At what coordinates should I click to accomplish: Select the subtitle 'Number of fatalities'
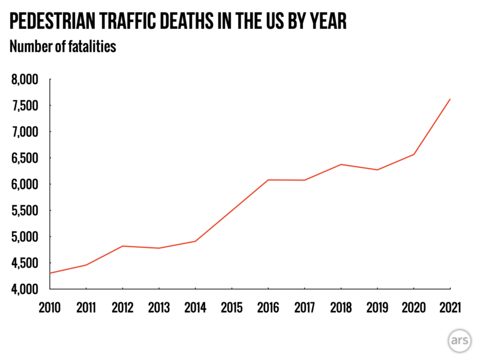point(62,47)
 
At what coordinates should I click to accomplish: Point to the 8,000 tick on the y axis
point(25,79)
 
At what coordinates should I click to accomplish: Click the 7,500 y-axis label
point(25,106)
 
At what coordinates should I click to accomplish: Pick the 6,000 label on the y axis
point(25,184)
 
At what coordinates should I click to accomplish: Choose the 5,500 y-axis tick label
point(25,211)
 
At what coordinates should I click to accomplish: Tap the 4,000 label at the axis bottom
point(25,289)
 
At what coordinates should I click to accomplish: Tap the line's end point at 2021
point(450,99)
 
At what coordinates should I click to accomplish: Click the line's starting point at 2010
point(51,273)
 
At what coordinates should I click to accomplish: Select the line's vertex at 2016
point(268,180)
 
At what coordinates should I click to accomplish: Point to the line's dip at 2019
point(377,170)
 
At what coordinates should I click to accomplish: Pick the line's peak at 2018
point(341,164)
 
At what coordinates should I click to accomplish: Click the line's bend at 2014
point(196,241)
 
